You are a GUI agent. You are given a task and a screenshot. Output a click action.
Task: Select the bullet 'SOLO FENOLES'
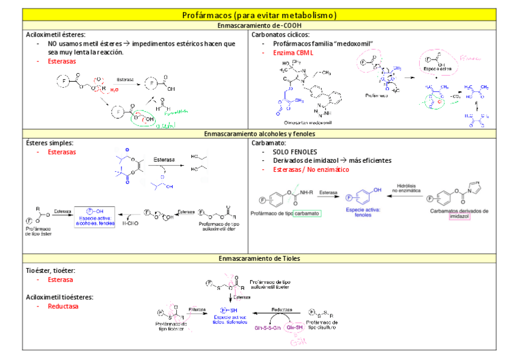[x=293, y=152]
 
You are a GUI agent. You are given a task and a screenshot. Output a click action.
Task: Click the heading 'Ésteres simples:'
[x=51, y=143]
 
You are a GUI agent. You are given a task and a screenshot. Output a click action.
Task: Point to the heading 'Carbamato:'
[x=268, y=143]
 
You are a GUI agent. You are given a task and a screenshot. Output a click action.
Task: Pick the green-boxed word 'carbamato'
[x=307, y=213]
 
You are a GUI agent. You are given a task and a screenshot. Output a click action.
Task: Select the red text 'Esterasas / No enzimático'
[x=311, y=169]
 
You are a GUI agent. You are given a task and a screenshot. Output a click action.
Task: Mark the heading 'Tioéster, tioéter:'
[x=51, y=272]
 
